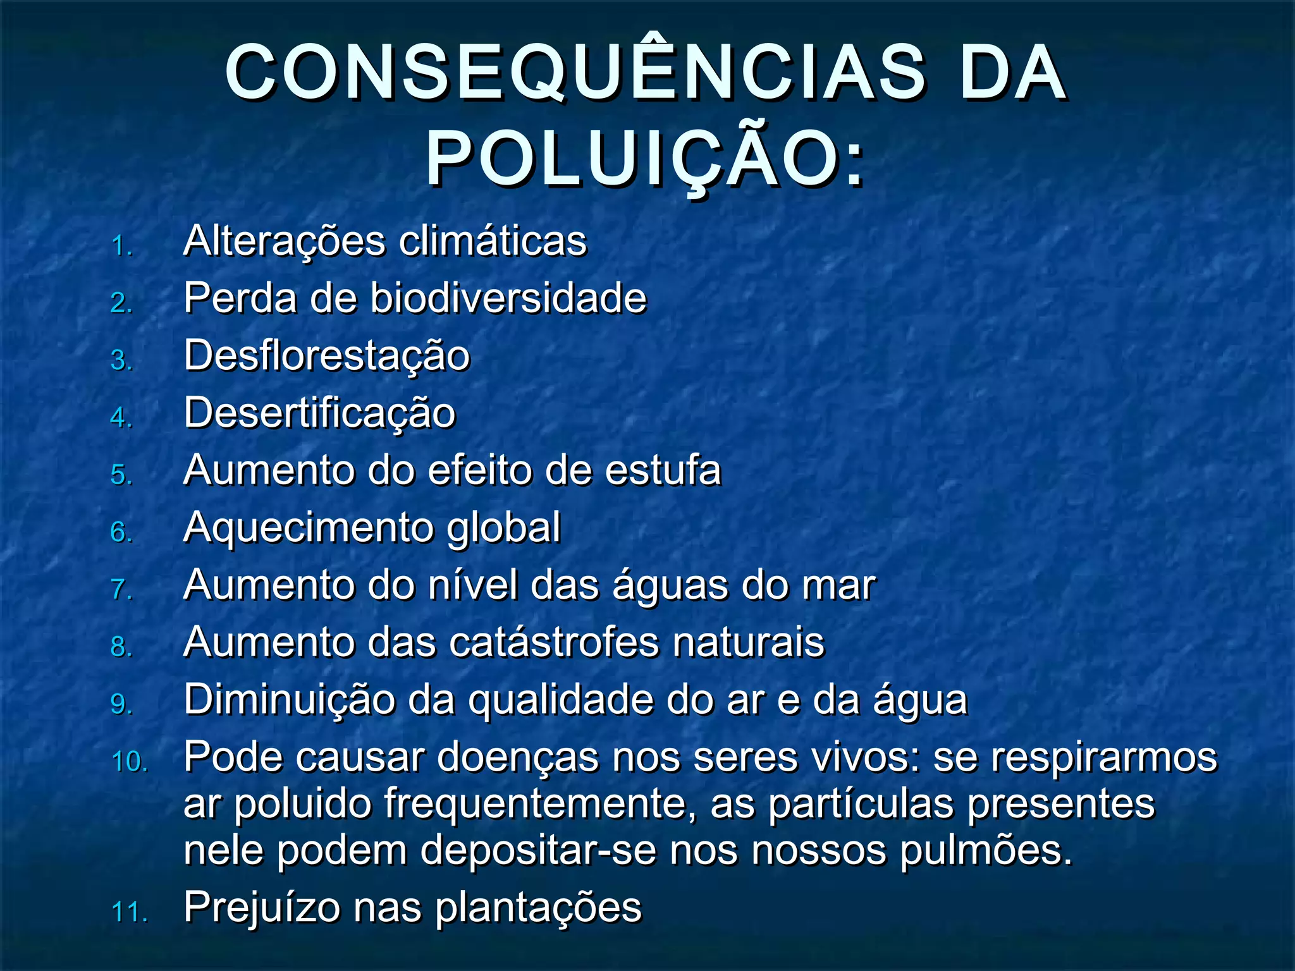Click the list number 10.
click(129, 761)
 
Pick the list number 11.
click(129, 912)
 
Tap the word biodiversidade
click(508, 298)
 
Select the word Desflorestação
click(327, 356)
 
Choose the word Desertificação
click(319, 413)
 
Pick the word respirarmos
click(1103, 757)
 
